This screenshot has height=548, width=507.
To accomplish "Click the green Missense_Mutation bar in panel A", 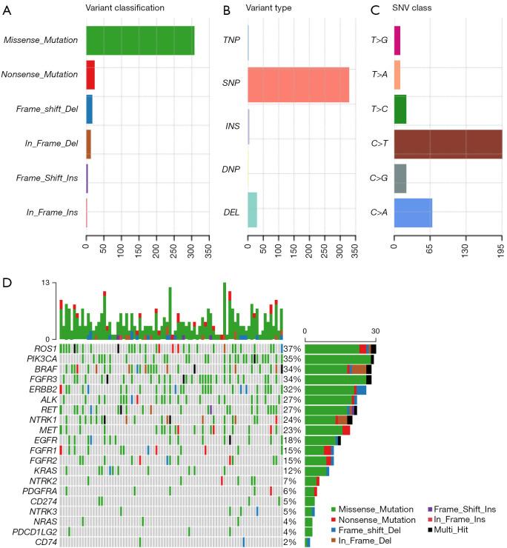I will coord(140,40).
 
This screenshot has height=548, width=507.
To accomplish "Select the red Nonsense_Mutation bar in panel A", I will coord(90,74).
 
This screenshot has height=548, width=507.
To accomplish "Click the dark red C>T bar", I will coord(448,144).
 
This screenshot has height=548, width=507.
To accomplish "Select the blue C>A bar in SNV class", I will coord(413,213).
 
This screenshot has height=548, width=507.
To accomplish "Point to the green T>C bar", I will coord(400,109).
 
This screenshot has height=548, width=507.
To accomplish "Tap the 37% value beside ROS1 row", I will coord(291,348).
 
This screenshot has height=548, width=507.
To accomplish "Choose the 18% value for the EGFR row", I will coord(291,440).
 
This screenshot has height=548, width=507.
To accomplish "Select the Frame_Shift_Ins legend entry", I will coord(463,509).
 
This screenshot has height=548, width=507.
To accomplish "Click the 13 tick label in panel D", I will coord(46,284).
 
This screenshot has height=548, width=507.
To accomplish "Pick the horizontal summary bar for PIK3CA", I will coord(338,359).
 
